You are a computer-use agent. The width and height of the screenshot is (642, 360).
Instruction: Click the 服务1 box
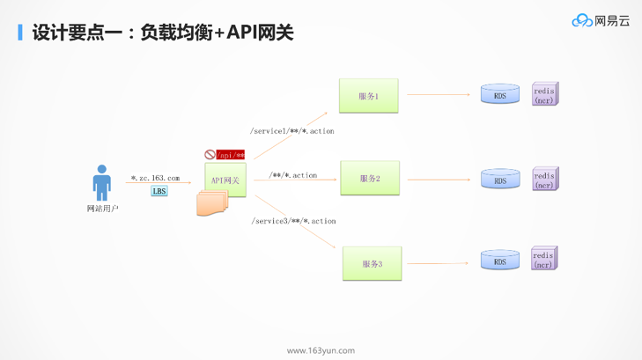368,96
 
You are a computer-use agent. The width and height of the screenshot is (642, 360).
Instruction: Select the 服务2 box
370,179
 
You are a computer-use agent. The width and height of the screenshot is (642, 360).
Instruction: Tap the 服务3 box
372,263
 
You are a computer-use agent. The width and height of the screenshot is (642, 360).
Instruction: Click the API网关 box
225,180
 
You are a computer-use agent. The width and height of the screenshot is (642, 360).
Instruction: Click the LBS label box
159,191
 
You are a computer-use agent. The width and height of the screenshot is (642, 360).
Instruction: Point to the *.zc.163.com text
155,178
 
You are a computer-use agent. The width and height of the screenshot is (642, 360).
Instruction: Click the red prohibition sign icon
210,155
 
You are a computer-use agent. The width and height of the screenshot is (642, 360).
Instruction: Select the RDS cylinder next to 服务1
499,94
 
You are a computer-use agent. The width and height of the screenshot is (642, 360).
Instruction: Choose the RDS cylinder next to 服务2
499,180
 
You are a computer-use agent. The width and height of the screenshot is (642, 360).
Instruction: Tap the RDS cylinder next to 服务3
499,261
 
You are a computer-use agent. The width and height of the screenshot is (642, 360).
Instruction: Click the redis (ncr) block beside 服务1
544,94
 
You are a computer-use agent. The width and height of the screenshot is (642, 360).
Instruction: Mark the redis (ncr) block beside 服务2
544,180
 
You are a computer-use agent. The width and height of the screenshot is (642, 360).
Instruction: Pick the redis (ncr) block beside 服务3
544,259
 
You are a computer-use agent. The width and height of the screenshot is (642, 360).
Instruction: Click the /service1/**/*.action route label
292,131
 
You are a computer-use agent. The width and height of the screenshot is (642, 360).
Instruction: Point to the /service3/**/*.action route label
293,221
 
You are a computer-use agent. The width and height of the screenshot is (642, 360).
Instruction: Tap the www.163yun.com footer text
321,350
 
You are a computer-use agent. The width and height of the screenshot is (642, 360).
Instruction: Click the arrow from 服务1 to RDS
438,94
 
